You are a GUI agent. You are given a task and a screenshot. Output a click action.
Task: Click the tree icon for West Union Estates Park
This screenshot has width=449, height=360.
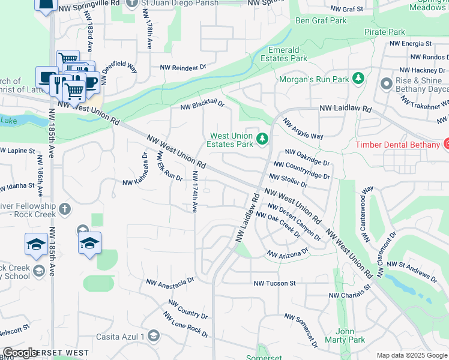(262, 139)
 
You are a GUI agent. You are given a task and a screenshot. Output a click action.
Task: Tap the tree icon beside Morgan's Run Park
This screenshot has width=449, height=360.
(358, 79)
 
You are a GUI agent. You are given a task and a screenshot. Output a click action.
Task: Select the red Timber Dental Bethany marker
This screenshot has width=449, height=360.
(446, 144)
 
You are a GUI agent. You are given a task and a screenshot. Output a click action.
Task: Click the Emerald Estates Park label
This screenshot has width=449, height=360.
(283, 54)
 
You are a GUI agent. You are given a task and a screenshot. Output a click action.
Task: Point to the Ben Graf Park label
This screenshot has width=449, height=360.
(321, 20)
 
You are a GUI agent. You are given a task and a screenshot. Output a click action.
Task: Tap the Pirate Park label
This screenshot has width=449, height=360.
(384, 31)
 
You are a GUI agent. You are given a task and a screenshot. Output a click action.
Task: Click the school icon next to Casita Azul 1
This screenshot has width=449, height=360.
(154, 335)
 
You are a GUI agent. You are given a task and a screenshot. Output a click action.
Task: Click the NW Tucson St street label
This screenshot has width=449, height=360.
(274, 283)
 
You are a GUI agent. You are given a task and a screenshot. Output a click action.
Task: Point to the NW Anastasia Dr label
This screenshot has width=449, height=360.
(170, 281)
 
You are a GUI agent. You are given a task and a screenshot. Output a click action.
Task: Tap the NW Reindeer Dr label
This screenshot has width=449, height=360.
(182, 68)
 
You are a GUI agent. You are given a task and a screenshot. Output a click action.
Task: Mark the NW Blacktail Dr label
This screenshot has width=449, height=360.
(202, 106)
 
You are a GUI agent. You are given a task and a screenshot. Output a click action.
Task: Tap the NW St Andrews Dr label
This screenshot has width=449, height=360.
(412, 269)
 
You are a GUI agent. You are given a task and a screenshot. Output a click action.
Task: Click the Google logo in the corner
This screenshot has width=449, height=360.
(20, 353)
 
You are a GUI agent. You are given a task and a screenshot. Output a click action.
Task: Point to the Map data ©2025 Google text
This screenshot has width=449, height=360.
(411, 355)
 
